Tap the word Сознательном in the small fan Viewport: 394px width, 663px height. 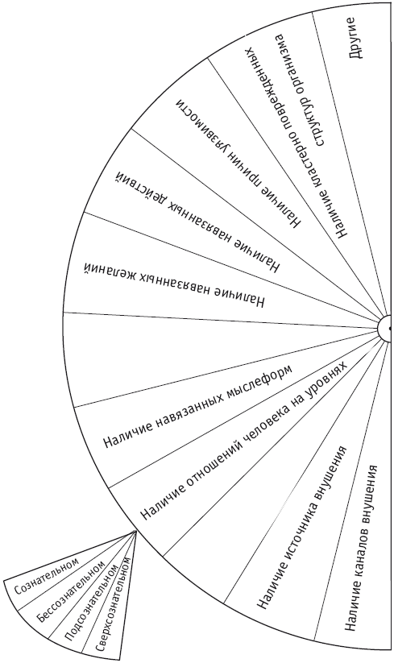47,576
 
